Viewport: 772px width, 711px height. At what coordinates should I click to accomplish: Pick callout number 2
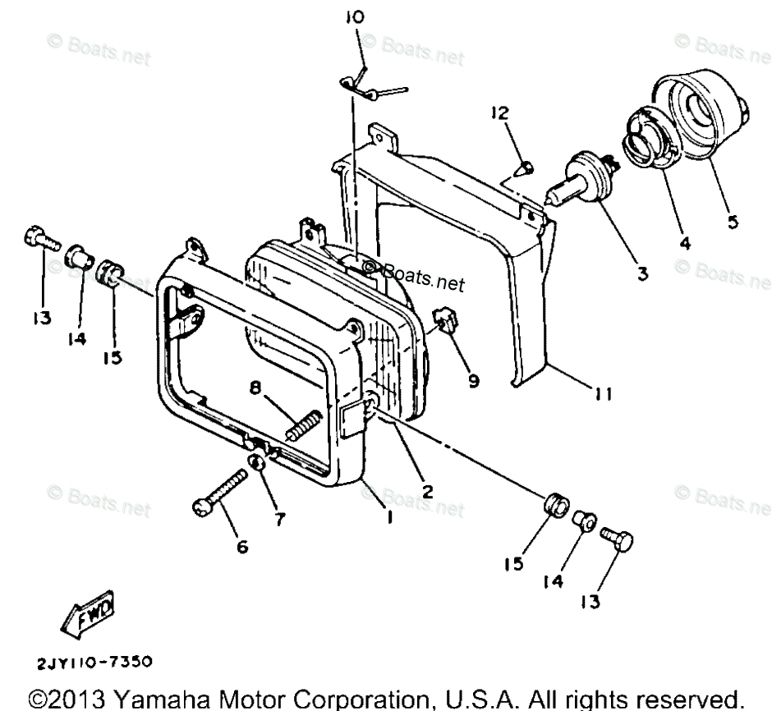[426, 492]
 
